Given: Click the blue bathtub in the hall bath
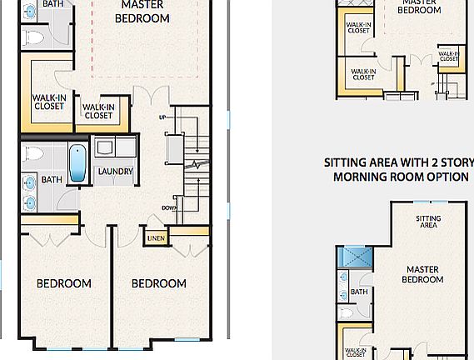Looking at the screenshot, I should click(x=77, y=163).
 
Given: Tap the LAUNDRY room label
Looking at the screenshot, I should click(x=115, y=172).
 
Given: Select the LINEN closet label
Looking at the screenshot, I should click(x=156, y=239).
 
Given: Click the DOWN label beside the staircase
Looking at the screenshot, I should click(x=169, y=208).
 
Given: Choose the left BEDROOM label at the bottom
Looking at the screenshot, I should click(x=63, y=283).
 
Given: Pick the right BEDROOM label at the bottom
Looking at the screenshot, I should click(x=159, y=283).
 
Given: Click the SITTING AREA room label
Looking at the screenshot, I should click(x=428, y=222).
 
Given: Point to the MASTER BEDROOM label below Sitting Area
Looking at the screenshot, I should click(x=422, y=274).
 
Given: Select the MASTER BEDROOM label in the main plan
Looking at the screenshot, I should click(x=142, y=12).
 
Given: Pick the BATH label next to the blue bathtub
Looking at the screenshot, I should click(x=52, y=179).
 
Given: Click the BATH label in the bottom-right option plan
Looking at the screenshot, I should click(x=359, y=292).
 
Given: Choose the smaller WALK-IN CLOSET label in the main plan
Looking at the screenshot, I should click(x=98, y=111).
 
